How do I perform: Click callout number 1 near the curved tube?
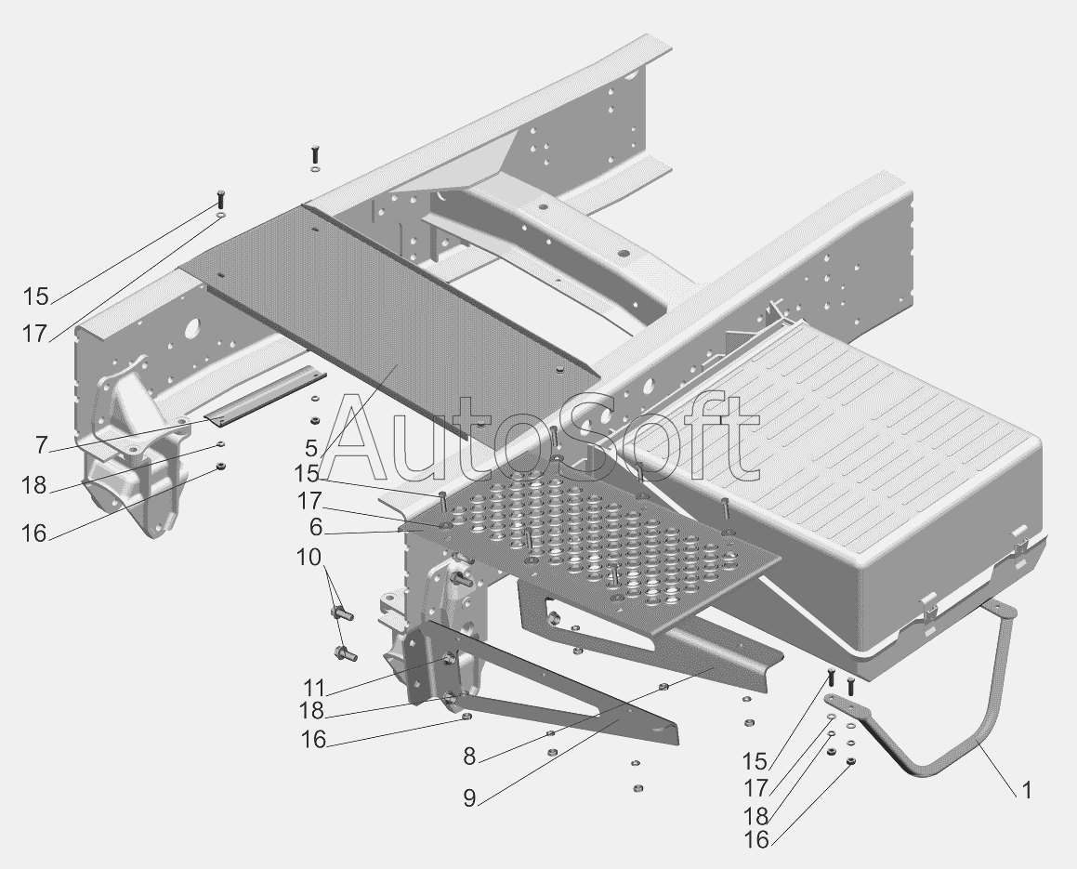pyautogui.click(x=1026, y=791)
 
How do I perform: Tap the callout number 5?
pyautogui.click(x=310, y=447)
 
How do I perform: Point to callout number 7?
pyautogui.click(x=41, y=445)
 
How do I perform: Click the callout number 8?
pyautogui.click(x=469, y=757)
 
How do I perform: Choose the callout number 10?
pyautogui.click(x=309, y=559)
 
